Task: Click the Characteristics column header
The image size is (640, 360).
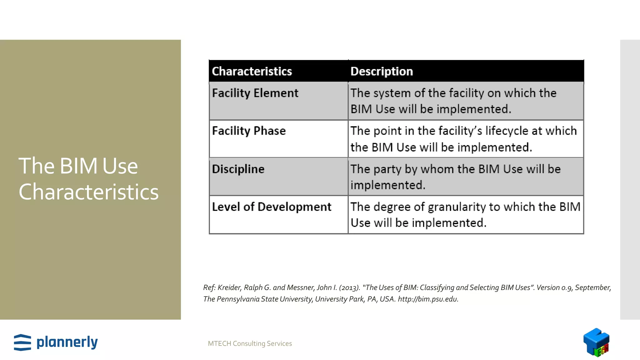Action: (x=252, y=71)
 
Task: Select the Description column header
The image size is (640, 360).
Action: (x=382, y=71)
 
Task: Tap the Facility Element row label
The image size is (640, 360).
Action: (x=255, y=93)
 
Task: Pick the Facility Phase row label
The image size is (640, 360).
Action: (x=249, y=131)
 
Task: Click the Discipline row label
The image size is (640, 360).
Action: (x=238, y=169)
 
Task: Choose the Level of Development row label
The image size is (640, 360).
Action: (x=272, y=207)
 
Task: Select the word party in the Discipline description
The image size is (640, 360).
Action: (x=387, y=169)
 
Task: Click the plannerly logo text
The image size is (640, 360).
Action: (x=67, y=342)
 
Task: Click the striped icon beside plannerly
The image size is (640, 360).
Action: (x=22, y=342)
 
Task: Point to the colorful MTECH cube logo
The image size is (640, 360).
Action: (x=596, y=342)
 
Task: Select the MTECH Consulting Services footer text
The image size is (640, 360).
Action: (x=250, y=343)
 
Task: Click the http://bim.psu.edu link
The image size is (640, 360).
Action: (x=428, y=299)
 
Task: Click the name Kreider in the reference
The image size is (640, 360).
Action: (x=229, y=287)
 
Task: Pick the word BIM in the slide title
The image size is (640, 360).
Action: (x=78, y=166)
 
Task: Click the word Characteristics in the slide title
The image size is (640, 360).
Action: (x=89, y=192)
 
